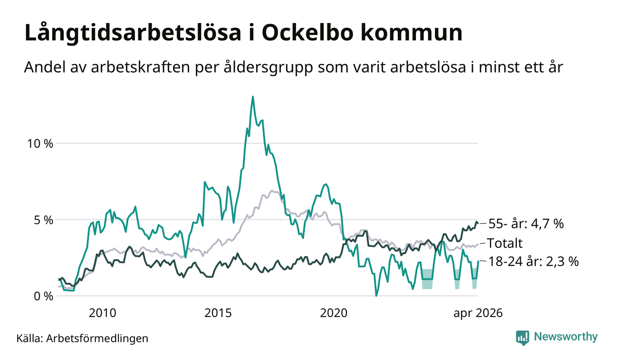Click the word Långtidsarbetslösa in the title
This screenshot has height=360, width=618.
coord(133,34)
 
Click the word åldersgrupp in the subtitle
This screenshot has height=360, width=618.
coord(268,68)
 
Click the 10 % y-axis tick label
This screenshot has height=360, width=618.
coord(40,144)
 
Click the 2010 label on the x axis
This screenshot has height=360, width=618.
coord(102,313)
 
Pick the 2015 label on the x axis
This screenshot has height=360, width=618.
coord(218,313)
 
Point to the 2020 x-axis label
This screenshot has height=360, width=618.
coord(333,313)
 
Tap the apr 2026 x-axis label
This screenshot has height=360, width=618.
coord(478,313)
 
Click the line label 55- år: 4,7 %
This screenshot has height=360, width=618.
coord(526,224)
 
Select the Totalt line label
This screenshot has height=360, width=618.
coord(505,243)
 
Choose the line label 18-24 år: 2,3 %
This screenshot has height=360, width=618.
coord(534,261)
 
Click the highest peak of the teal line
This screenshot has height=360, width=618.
coord(253,96)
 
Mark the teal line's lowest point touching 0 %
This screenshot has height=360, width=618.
coord(376,296)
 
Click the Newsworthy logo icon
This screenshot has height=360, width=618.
coord(523,338)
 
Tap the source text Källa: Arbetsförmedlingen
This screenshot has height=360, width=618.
coord(82,338)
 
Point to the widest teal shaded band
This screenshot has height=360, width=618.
coord(427,279)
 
